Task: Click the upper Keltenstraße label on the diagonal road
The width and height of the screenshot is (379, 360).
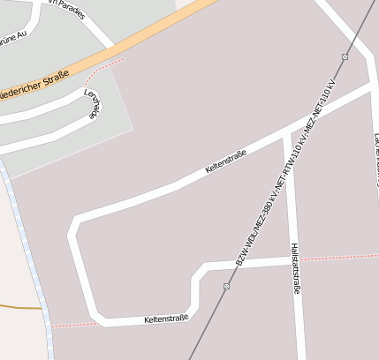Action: (225, 160)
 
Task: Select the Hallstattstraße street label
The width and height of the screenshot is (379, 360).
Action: (295, 268)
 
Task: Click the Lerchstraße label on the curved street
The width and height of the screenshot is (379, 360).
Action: (93, 104)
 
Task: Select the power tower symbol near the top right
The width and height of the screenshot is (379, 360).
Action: (345, 56)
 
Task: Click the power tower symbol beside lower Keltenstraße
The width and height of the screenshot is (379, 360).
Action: (227, 286)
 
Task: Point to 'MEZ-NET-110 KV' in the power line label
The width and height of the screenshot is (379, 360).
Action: (320, 110)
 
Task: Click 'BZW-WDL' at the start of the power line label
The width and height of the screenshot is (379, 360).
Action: (245, 249)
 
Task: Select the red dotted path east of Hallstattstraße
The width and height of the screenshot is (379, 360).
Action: (340, 258)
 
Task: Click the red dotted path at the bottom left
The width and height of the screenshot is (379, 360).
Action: (71, 325)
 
